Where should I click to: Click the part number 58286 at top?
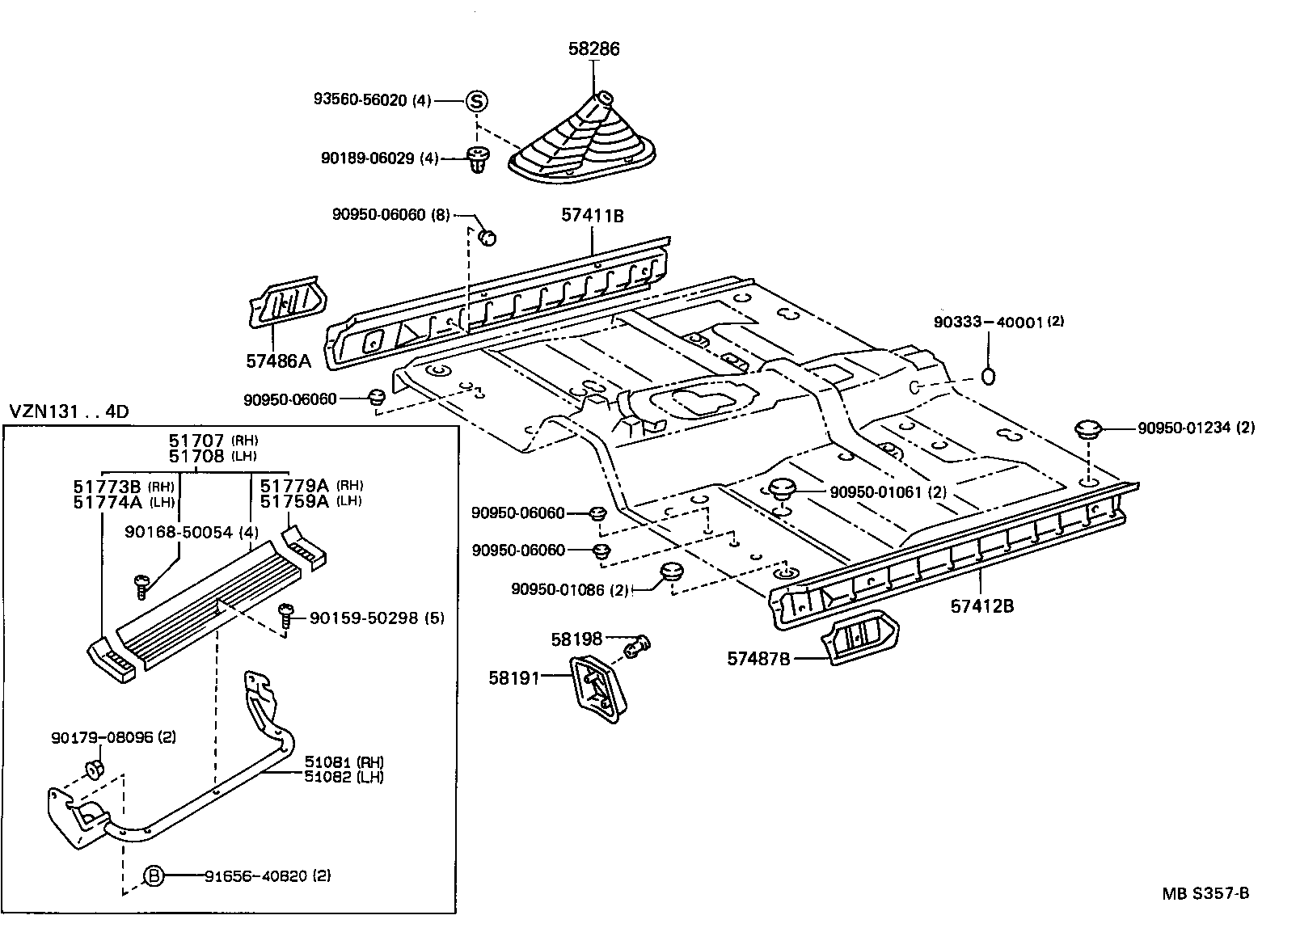tap(593, 49)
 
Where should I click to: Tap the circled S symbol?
tap(477, 101)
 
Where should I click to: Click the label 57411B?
tap(593, 216)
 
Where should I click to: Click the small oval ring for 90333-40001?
tap(988, 376)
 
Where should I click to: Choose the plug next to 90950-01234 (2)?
tap(1089, 429)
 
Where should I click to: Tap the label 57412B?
tap(981, 605)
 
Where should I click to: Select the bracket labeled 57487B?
tap(861, 638)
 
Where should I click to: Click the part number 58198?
tap(577, 639)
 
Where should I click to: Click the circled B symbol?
tap(154, 875)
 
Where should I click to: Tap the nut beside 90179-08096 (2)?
tap(94, 767)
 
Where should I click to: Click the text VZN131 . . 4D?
tap(69, 411)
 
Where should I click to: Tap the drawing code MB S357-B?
tap(1205, 893)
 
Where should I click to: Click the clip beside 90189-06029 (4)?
tap(476, 160)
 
